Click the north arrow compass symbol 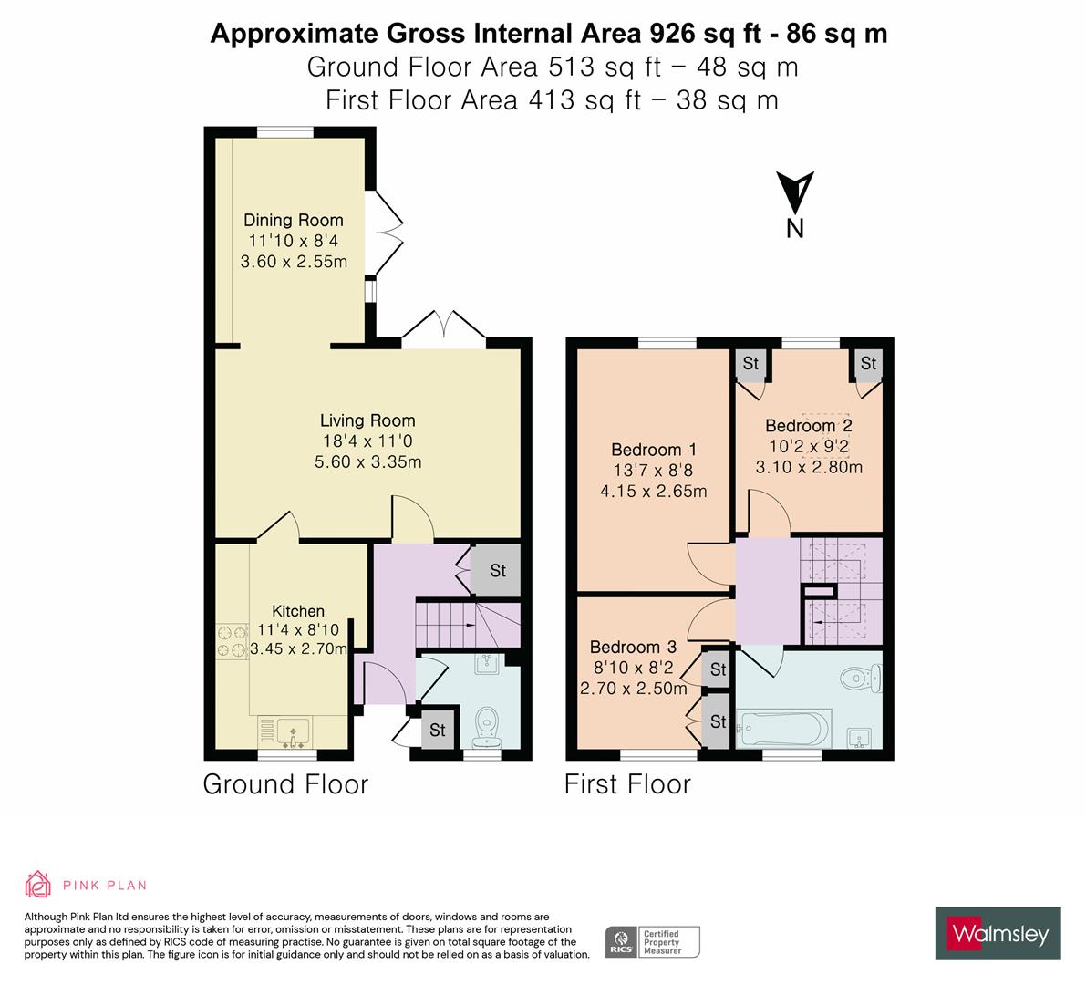point(794,192)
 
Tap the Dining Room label point(293,220)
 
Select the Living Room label point(367,420)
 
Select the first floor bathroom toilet point(859,678)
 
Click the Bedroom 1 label point(653,450)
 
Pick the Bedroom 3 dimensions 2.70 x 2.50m point(633,689)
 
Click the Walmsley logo point(998,933)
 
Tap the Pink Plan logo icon point(39,884)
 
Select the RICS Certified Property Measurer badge point(653,941)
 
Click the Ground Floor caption point(285,784)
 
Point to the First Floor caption point(627,784)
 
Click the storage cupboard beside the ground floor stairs point(497,571)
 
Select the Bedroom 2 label point(808,426)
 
